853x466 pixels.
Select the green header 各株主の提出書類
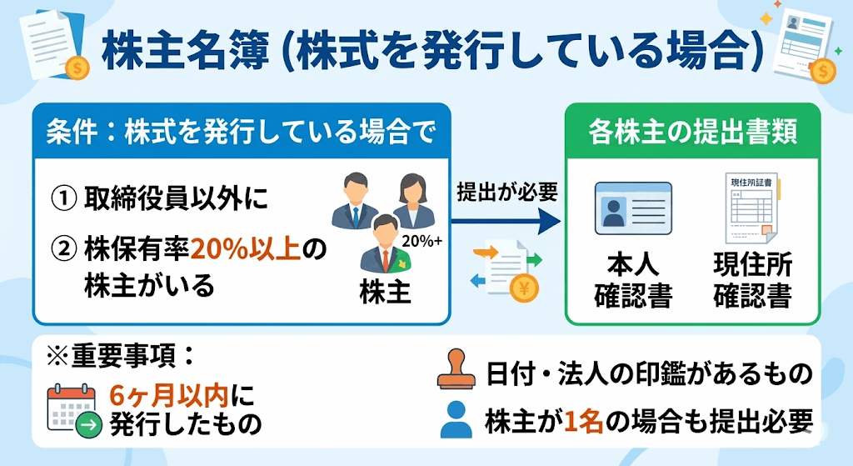pyautogui.click(x=692, y=132)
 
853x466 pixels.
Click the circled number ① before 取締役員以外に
pyautogui.click(x=65, y=199)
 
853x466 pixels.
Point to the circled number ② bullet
pyautogui.click(x=65, y=248)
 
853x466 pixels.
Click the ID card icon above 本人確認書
pyautogui.click(x=633, y=208)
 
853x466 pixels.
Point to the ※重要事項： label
pyautogui.click(x=122, y=356)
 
